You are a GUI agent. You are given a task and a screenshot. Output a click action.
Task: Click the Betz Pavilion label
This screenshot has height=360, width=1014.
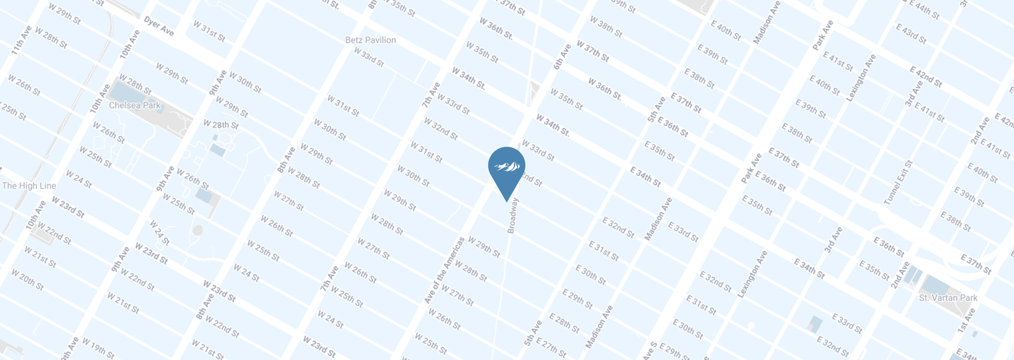coord(370,40)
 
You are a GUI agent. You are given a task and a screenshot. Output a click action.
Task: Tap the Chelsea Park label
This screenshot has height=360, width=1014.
coord(135,106)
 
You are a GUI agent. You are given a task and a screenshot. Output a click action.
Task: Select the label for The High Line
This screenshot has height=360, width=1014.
coord(29,186)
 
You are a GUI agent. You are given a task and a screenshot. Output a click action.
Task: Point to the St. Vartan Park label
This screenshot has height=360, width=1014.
coord(948,298)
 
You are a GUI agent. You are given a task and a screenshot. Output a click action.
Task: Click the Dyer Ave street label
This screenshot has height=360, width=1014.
coord(158,26)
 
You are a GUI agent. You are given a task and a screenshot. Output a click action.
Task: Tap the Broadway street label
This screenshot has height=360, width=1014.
coord(512,215)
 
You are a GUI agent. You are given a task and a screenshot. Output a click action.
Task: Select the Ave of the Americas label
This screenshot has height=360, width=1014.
coord(444,270)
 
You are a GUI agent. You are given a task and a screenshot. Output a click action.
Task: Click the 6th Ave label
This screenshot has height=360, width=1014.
coord(562,57)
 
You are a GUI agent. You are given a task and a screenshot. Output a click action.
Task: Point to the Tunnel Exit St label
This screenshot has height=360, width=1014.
coord(898,183)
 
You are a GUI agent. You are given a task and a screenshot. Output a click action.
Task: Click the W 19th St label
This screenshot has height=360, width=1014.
coord(98,348)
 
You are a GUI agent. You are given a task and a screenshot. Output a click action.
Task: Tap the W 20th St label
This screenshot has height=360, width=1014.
coord(27,280)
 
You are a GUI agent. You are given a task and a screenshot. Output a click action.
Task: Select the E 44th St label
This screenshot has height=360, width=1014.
coord(924,11)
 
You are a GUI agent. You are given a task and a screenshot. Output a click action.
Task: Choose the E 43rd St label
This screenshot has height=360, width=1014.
coord(911,33)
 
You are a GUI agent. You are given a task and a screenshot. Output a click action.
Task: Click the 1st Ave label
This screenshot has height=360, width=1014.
coord(966,320)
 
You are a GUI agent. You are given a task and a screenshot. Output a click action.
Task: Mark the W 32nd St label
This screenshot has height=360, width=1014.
coord(440,129)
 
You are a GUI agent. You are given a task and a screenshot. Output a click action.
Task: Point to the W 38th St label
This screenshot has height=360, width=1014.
coord(605,26)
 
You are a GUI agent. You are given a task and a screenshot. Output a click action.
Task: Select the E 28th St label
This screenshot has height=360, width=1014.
coord(564,323)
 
